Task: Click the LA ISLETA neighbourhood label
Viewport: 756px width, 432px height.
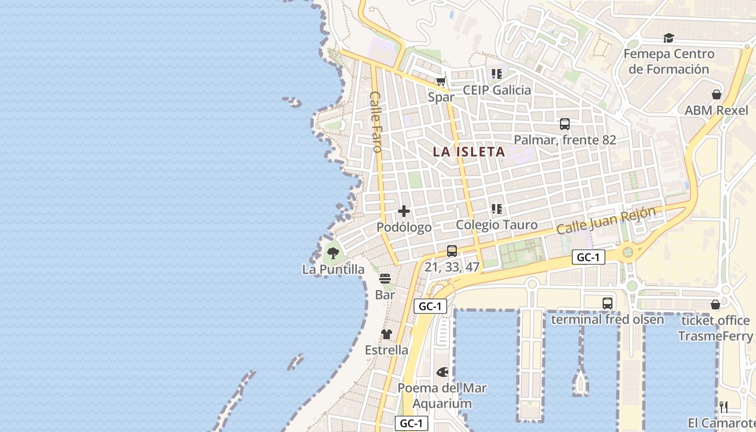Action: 469,152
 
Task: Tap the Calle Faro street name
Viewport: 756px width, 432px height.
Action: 376,122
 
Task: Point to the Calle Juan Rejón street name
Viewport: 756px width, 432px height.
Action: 606,220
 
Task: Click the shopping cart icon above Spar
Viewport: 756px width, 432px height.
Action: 441,82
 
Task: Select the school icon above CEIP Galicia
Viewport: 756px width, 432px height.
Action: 497,74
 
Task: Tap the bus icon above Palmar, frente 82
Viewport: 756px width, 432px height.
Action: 565,124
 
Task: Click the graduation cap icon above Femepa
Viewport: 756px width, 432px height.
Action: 669,38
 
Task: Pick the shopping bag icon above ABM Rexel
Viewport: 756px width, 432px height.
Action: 717,94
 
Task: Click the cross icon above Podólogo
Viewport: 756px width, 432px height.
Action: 404,211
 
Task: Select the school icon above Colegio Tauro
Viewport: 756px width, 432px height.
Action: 497,208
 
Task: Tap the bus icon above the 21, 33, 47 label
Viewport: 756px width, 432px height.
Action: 452,251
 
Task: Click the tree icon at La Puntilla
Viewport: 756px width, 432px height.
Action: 333,252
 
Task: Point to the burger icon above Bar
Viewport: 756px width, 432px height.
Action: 385,279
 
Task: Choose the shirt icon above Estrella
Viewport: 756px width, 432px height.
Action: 387,334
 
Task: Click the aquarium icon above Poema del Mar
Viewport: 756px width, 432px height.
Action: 442,372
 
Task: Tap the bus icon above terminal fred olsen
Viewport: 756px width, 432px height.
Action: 607,303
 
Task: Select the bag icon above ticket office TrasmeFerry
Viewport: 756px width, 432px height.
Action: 715,305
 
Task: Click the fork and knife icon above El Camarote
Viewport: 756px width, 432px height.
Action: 724,407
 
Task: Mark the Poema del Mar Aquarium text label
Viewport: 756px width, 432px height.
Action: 442,396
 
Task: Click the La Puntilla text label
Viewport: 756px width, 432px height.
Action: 333,269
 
